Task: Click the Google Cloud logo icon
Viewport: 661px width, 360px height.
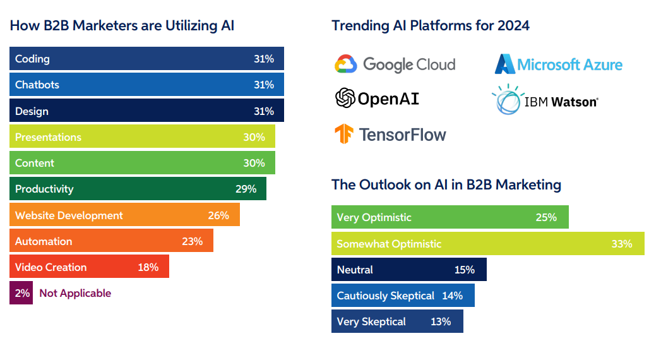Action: (x=346, y=64)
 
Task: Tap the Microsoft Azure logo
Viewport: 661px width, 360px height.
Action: (x=505, y=64)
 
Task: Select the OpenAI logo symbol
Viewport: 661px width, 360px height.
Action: (x=345, y=98)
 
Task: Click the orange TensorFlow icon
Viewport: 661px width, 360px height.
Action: (x=345, y=134)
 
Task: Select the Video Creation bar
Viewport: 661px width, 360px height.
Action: (x=89, y=267)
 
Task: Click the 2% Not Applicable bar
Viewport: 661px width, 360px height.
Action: (x=21, y=293)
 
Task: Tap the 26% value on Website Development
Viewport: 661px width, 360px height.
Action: (x=218, y=215)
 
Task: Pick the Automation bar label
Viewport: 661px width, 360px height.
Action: (x=44, y=241)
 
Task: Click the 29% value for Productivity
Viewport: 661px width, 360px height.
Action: (x=246, y=189)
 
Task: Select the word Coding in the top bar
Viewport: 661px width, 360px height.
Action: (x=32, y=59)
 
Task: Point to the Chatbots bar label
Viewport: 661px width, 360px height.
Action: (x=37, y=85)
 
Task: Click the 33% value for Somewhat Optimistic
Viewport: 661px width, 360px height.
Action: (x=621, y=244)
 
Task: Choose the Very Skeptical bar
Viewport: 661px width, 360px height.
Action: (x=397, y=321)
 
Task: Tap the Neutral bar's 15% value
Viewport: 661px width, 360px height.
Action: (x=464, y=270)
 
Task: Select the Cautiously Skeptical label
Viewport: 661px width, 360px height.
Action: (x=385, y=296)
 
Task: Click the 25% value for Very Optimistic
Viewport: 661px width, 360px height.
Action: (x=546, y=217)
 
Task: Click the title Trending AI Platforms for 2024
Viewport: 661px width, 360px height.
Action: (x=431, y=26)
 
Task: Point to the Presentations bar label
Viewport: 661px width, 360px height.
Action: (x=48, y=137)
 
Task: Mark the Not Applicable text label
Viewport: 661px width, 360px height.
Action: (x=75, y=293)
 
